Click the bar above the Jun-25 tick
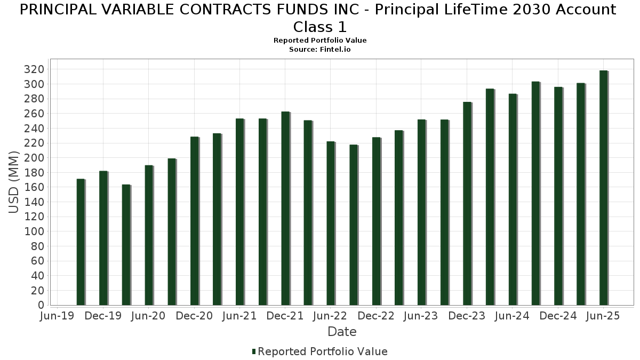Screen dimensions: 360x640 pos(603,188)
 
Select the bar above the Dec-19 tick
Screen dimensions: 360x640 pos(103,238)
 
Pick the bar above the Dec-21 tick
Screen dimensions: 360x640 pos(285,209)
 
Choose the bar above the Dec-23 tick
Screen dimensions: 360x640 pos(467,203)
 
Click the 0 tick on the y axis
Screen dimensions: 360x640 pos(41,305)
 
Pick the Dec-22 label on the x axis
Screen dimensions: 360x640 pos(377,316)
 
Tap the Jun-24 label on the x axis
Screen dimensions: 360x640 pos(512,316)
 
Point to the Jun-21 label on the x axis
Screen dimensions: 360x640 pos(239,316)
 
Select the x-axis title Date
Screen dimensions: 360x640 pos(342,332)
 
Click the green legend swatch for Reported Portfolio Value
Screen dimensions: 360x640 pos(254,351)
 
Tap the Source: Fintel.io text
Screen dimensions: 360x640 pos(320,49)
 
